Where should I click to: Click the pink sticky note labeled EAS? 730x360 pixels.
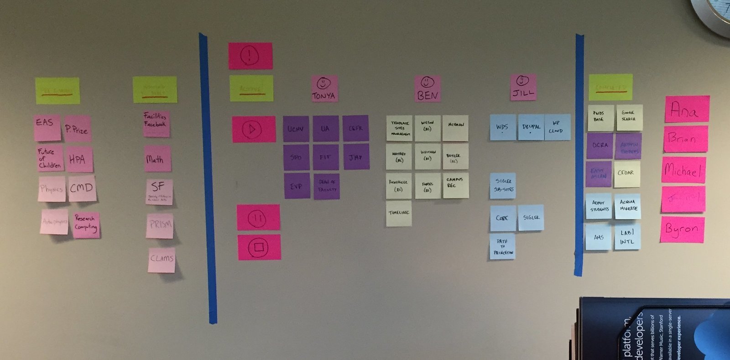pos(47,128)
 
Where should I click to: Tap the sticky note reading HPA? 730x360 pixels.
pos(78,159)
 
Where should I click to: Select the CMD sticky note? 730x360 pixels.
pos(82,188)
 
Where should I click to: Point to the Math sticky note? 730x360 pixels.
pos(157,159)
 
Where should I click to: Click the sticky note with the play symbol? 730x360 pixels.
pos(254,130)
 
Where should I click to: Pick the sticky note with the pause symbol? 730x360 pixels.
pos(258,217)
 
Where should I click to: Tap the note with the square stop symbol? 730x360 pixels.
pos(259,247)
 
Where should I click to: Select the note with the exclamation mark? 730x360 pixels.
pos(250,56)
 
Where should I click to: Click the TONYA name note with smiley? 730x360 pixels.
pos(324,89)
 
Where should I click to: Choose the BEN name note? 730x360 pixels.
pos(428,89)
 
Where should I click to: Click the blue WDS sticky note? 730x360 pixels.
pos(503,127)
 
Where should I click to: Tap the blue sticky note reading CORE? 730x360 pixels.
pos(503,219)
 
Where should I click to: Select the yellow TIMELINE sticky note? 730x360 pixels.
pos(399,214)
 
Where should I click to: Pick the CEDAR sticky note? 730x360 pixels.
pos(627,174)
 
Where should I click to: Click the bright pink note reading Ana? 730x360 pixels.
pos(687,109)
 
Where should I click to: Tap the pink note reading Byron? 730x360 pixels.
pos(682,230)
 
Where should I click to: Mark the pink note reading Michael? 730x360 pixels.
pos(683,170)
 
